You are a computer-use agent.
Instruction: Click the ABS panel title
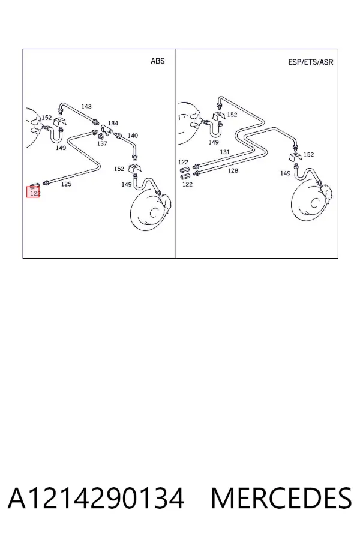point(157,61)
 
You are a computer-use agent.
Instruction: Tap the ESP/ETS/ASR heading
point(310,62)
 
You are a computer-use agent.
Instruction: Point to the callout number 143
point(86,106)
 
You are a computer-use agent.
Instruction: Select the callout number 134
point(113,123)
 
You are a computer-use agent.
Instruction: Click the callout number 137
point(102,143)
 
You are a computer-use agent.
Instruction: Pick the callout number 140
point(133,136)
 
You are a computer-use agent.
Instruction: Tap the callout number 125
point(66,184)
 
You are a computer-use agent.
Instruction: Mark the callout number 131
point(224,152)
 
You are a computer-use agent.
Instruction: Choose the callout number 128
point(233,170)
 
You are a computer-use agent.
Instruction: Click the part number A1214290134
point(96,499)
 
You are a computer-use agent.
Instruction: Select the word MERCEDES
point(281,499)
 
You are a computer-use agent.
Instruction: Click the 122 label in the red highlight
point(35,194)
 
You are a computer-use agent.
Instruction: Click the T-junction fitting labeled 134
point(106,130)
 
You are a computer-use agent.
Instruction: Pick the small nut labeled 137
point(101,136)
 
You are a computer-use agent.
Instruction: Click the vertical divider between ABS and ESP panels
point(175,154)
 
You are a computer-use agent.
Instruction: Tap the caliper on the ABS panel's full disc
point(166,203)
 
